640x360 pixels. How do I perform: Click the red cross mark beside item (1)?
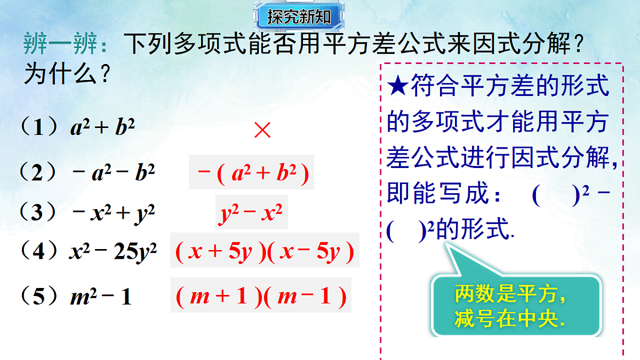(x=262, y=130)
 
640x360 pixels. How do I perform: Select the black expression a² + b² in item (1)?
(x=102, y=128)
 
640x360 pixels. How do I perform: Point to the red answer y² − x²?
(x=251, y=212)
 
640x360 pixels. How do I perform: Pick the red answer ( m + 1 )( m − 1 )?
(x=261, y=296)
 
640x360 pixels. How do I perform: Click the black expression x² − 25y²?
(x=113, y=251)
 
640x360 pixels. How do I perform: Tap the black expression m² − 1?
(x=100, y=297)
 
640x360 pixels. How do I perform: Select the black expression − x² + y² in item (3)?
(x=113, y=213)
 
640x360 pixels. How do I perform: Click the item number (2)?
(x=37, y=173)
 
